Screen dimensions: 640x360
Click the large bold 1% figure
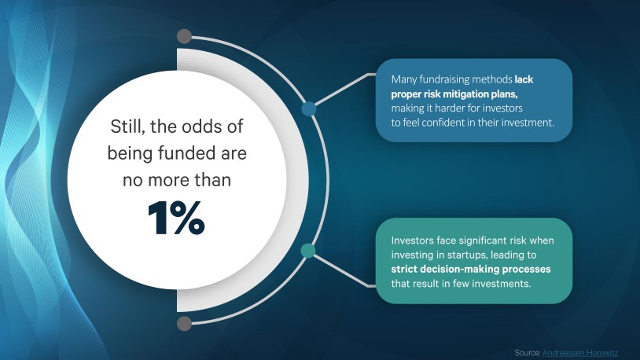pyautogui.click(x=176, y=218)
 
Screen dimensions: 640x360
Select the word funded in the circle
pyautogui.click(x=186, y=153)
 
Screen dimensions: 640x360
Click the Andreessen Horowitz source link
pyautogui.click(x=580, y=353)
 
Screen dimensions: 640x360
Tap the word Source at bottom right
pyautogui.click(x=528, y=353)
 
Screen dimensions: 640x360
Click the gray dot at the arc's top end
pyautogui.click(x=185, y=36)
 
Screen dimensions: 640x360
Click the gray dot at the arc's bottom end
pyautogui.click(x=185, y=323)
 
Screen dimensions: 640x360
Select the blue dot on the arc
pyautogui.click(x=309, y=108)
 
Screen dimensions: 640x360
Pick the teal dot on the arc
pyautogui.click(x=308, y=251)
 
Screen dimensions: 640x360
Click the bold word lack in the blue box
pyautogui.click(x=524, y=79)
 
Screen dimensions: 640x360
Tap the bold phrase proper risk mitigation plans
pyautogui.click(x=454, y=94)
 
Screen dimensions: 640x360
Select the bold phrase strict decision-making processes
pyautogui.click(x=471, y=269)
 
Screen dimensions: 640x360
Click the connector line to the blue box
pyautogui.click(x=345, y=88)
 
